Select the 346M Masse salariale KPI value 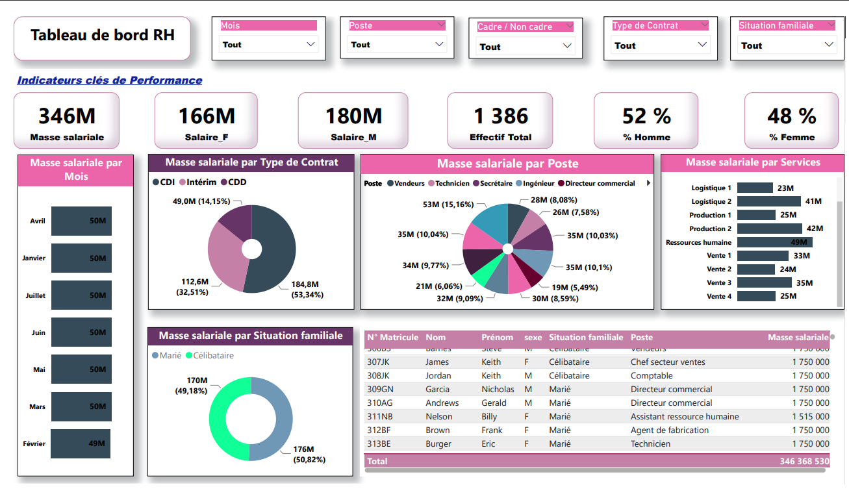(x=67, y=116)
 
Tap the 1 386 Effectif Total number (x=500, y=116)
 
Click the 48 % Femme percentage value (x=791, y=116)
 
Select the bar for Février (x=81, y=443)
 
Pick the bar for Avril (x=81, y=221)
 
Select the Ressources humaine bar (x=774, y=242)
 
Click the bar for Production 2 (x=770, y=229)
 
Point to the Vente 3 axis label (x=719, y=283)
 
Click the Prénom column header (x=497, y=337)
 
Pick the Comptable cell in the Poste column (x=652, y=375)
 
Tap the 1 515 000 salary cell (x=810, y=416)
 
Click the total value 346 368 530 (x=804, y=461)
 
